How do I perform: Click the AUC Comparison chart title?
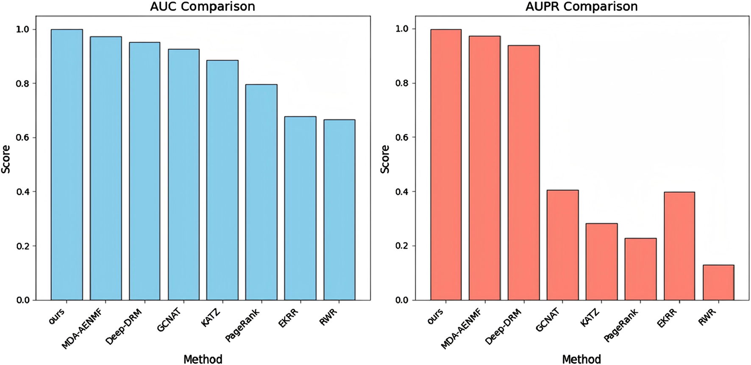point(203,7)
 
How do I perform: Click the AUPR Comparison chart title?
point(581,7)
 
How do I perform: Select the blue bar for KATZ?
point(222,180)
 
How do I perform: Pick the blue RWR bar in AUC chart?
point(339,210)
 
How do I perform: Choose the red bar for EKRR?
point(679,246)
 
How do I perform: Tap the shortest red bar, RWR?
point(718,283)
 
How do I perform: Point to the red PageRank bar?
point(640,269)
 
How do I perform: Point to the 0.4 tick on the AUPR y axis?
point(402,192)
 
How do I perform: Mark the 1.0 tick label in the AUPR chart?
point(402,29)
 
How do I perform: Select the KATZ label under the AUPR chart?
point(590,318)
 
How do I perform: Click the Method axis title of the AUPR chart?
point(581,359)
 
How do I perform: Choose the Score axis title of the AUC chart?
point(6,159)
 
